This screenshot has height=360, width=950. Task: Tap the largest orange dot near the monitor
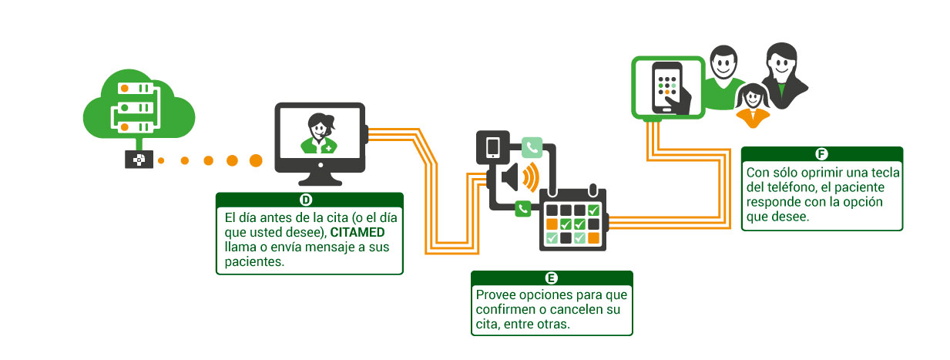256,160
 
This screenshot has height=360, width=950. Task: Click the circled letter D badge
306,200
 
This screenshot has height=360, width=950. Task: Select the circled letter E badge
551,278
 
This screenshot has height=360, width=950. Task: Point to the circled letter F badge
821,153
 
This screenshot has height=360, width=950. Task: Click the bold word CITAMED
357,232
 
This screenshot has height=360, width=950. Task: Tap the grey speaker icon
513,178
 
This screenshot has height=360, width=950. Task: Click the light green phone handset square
532,146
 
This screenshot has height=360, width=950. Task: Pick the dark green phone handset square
523,208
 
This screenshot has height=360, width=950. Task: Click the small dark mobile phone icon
493,146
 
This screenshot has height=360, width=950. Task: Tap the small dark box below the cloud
139,160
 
